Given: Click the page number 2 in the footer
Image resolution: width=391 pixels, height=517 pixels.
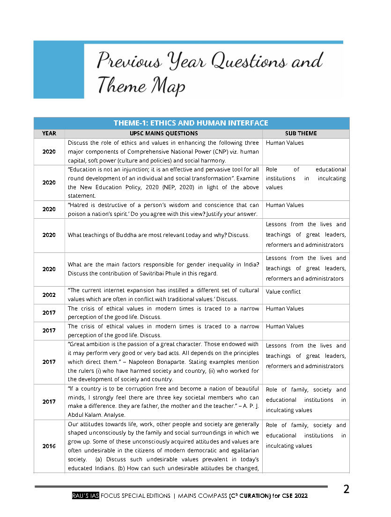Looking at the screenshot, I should tap(346, 490).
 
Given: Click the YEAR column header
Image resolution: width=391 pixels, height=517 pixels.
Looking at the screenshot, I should tap(49, 133).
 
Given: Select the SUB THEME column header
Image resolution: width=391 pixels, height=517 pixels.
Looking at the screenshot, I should tap(301, 133).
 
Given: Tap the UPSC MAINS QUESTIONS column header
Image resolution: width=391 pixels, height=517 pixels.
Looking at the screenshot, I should tap(164, 133).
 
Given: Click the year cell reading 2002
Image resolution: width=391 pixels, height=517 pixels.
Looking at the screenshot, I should tap(49, 295).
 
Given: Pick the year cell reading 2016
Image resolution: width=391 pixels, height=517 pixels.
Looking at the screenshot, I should tap(49, 446).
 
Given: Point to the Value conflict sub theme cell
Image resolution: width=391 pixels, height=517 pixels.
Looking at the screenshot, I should tap(283, 292).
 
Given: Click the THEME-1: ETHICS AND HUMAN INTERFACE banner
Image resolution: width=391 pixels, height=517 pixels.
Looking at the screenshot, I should tap(191, 123).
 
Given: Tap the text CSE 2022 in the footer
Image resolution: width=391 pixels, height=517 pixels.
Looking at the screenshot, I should tap(294, 496).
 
